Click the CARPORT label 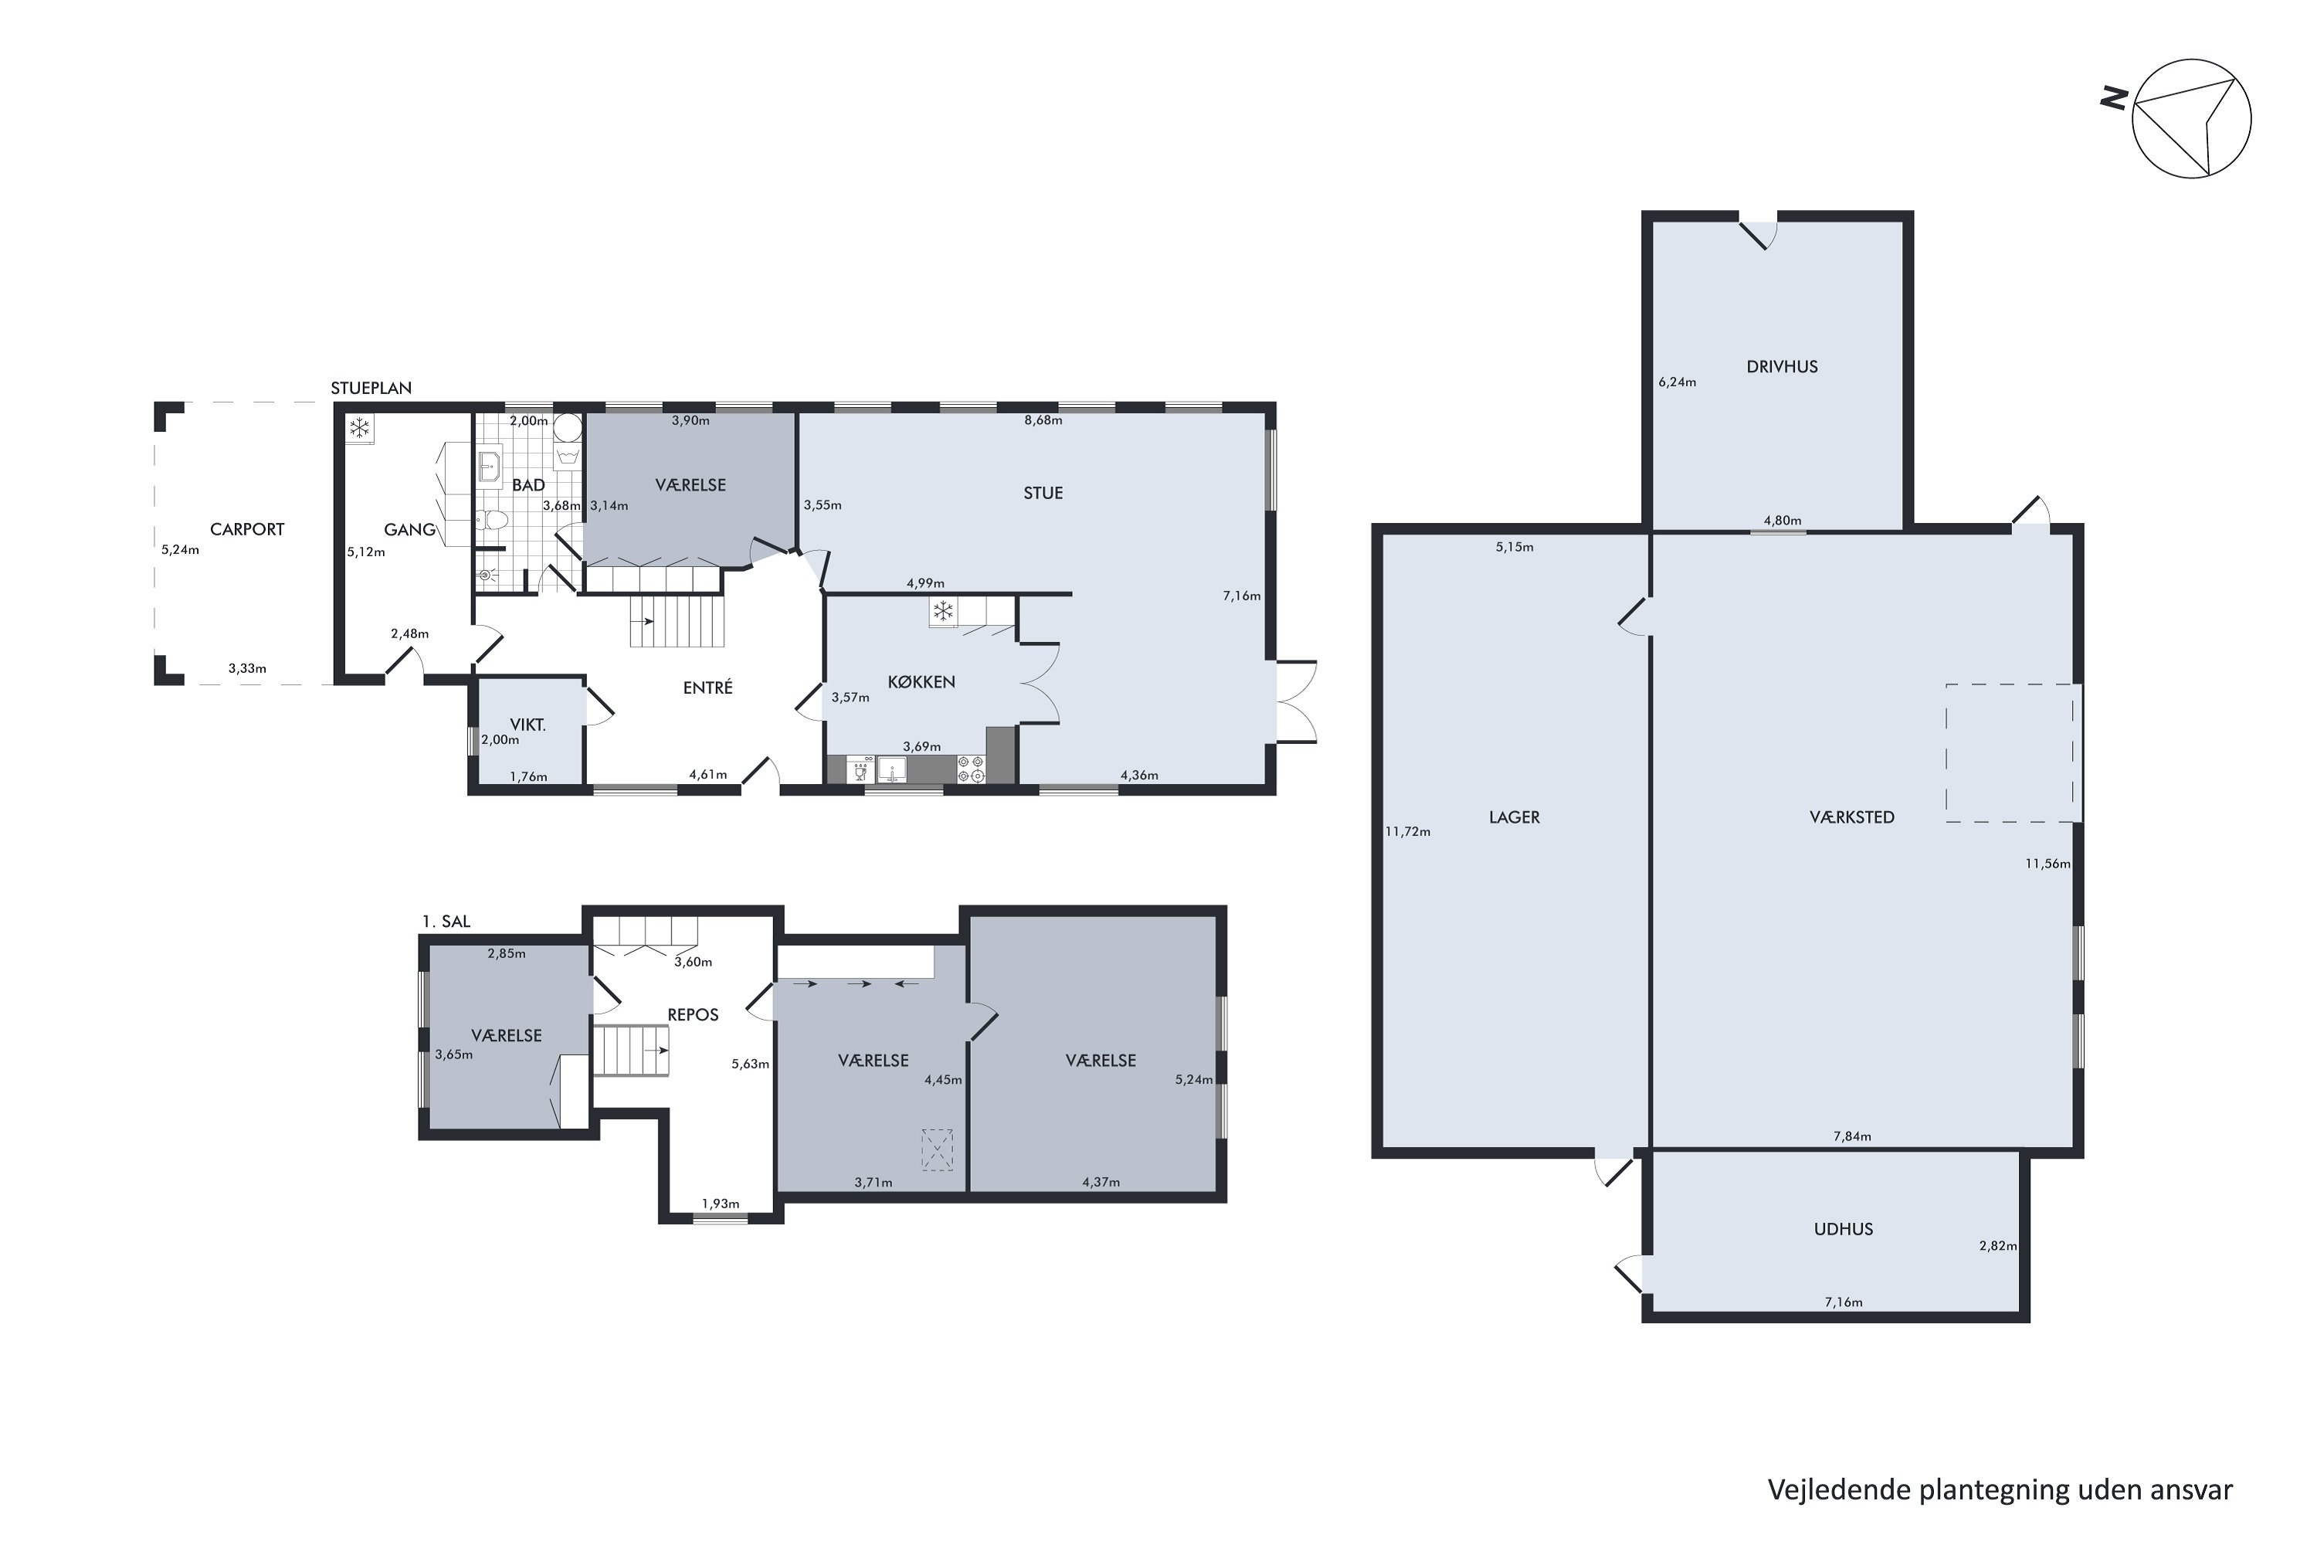(x=246, y=529)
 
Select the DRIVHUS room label (x=1782, y=366)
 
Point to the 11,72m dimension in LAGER (x=1408, y=832)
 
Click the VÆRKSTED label (x=1852, y=817)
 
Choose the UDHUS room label (x=1843, y=1229)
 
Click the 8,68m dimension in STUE (x=1043, y=419)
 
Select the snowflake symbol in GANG (x=360, y=428)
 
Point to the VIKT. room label (x=528, y=725)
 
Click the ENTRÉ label (x=707, y=688)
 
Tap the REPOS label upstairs (x=693, y=1015)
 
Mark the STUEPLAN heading (x=371, y=389)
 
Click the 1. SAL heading (x=446, y=922)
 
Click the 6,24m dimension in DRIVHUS (x=1677, y=382)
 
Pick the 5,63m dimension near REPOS (x=750, y=1065)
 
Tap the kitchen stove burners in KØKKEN (x=970, y=769)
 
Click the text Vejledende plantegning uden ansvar (x=2000, y=1491)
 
